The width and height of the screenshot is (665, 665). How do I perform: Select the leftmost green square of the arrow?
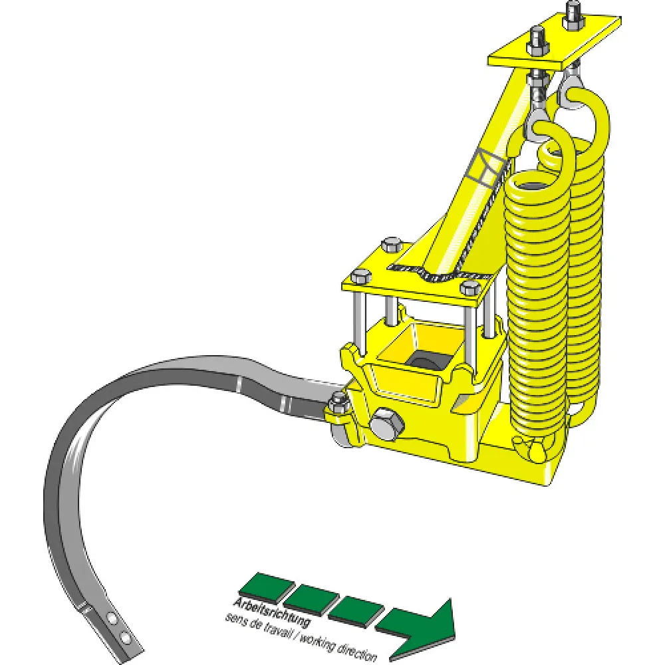(267, 588)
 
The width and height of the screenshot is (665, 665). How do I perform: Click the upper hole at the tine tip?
(113, 619)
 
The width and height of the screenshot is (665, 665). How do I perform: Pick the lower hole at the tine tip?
(125, 636)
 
